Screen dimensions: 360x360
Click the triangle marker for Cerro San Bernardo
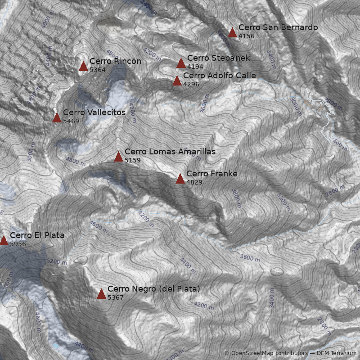[x=232, y=32]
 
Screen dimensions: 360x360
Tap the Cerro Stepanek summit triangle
[x=181, y=63]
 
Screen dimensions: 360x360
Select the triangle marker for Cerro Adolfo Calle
[x=177, y=81]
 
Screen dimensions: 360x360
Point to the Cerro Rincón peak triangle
[x=83, y=66]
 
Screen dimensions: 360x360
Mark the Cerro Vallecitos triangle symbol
[x=57, y=117]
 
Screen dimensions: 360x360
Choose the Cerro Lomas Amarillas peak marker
[x=118, y=157]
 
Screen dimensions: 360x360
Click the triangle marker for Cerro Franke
[x=180, y=179]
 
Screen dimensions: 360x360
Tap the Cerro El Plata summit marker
[x=4, y=240]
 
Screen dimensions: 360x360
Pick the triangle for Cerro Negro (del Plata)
[x=101, y=294]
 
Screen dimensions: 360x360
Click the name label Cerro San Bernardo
[x=278, y=27]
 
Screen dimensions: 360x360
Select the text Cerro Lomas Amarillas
[x=170, y=152]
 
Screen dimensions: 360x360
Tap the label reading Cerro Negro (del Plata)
[x=153, y=289]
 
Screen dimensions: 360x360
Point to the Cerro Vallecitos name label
[x=94, y=112]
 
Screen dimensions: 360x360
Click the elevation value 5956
[x=18, y=244]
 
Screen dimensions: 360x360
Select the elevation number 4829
[x=194, y=182]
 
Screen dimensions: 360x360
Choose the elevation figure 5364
[x=98, y=70]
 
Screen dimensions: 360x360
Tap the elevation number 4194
[x=195, y=67]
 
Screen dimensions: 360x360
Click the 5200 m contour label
[x=57, y=261]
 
